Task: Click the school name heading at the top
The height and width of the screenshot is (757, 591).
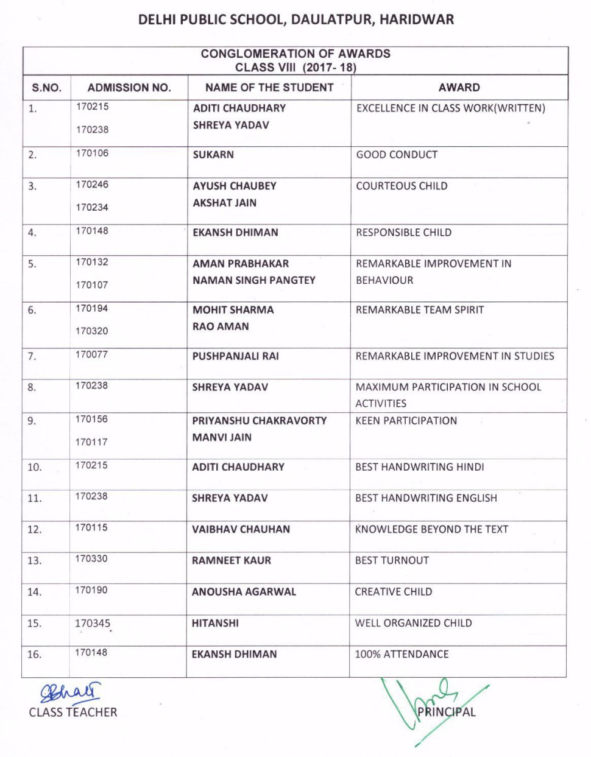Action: tap(295, 19)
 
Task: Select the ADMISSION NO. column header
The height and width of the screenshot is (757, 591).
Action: tap(129, 88)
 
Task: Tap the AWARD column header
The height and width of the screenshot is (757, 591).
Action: tap(459, 88)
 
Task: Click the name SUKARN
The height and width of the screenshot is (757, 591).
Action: tap(213, 155)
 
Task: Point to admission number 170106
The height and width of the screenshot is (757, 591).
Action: tap(92, 153)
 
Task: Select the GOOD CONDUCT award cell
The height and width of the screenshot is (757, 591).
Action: tap(397, 155)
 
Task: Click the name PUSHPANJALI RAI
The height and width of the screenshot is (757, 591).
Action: tap(235, 356)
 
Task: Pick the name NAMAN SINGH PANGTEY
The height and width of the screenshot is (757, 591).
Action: tap(253, 280)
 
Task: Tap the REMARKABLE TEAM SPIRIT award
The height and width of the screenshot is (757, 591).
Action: tap(419, 310)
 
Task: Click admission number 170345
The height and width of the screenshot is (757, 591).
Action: tap(93, 624)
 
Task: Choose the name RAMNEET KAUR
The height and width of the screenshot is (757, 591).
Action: tap(231, 560)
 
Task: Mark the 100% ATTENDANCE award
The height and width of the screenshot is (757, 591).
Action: tap(402, 654)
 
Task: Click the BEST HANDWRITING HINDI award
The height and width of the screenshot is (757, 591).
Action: tap(419, 467)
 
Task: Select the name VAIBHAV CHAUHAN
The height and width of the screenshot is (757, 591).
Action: tap(241, 529)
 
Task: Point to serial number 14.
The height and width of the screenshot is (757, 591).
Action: tap(34, 592)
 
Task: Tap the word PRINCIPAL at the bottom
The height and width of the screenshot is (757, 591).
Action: tap(446, 711)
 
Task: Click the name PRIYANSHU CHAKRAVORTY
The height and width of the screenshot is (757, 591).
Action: tap(259, 421)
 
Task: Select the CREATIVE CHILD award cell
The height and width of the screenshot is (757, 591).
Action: tap(393, 591)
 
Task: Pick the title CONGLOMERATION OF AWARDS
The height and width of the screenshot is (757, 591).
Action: tap(295, 54)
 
